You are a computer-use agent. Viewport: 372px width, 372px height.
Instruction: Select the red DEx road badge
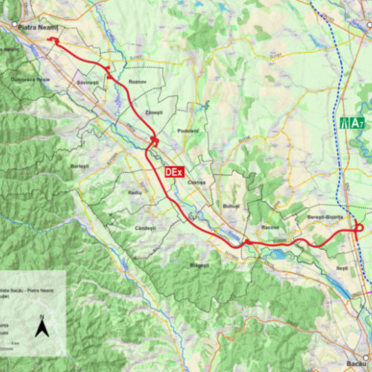click(x=173, y=171)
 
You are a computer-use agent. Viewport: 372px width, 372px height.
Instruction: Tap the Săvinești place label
click(x=88, y=82)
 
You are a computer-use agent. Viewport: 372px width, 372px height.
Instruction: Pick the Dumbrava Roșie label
click(x=30, y=78)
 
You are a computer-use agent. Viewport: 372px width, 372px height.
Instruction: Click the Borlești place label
click(x=79, y=165)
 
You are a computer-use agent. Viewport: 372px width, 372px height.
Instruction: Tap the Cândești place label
click(x=144, y=227)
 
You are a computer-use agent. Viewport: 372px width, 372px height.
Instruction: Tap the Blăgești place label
click(x=200, y=265)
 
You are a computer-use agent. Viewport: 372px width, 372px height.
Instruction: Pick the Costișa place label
click(x=196, y=183)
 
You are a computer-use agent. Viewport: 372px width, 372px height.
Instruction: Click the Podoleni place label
click(x=187, y=131)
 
